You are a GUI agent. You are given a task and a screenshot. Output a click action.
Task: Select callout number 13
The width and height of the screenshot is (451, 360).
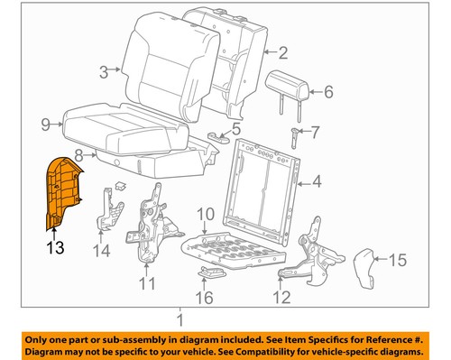point(56,245)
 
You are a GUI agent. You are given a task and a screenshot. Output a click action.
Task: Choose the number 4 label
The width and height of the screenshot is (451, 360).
point(316,186)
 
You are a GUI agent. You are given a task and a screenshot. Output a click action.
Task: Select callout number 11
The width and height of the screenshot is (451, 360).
point(145,283)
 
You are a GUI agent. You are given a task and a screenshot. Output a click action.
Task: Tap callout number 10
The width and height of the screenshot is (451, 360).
point(205,214)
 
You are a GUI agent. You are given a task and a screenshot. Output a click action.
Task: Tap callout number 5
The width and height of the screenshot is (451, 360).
point(236,128)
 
